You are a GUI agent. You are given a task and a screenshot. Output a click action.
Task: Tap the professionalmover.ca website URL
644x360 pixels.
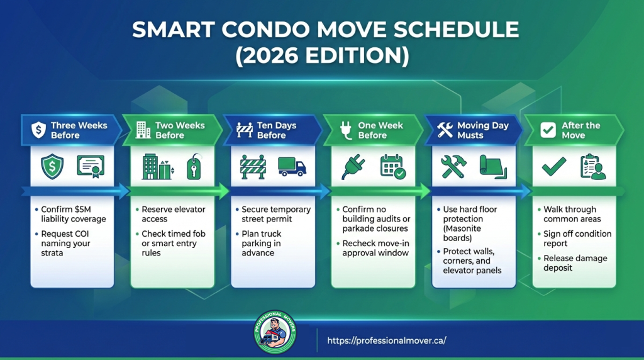(386, 340)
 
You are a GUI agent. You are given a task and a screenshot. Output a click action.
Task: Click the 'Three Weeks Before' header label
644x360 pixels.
(79, 130)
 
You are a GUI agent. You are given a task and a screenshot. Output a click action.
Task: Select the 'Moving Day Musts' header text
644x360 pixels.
(482, 130)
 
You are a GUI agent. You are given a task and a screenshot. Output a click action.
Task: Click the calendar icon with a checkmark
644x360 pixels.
(393, 166)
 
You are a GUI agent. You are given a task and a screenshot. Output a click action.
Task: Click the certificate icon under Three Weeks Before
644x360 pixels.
(91, 166)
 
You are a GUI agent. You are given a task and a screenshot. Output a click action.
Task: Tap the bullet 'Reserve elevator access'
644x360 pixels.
(173, 214)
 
